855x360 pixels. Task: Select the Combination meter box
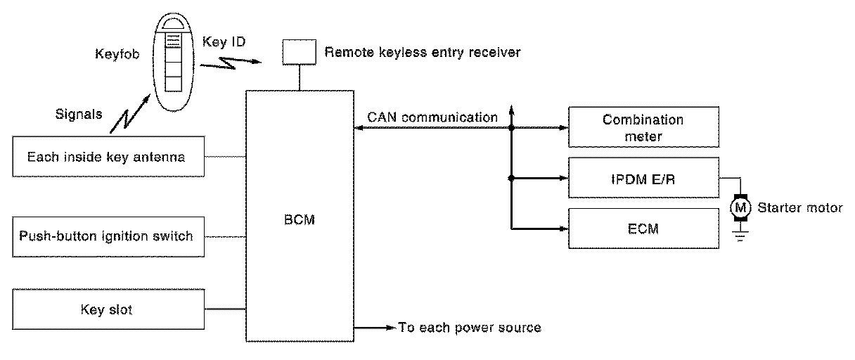643,128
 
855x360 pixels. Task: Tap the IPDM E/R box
643,178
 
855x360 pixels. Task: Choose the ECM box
643,228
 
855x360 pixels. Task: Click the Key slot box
109,309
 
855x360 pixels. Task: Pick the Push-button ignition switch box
109,236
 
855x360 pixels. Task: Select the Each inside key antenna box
109,157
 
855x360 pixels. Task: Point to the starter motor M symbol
740,207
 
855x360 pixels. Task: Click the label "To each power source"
470,328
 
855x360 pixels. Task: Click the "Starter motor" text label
799,207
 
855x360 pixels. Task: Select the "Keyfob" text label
115,53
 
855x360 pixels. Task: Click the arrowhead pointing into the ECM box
563,229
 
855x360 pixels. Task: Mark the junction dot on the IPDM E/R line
511,178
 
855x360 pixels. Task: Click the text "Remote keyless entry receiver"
423,52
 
